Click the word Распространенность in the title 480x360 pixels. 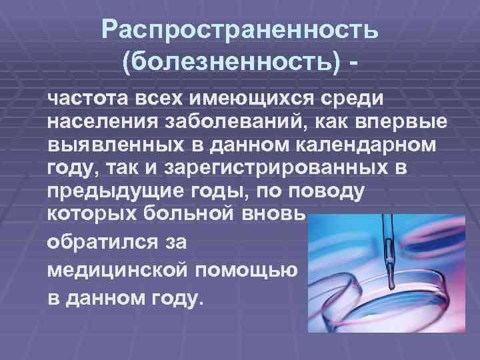(241, 31)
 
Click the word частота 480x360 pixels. (87, 99)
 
